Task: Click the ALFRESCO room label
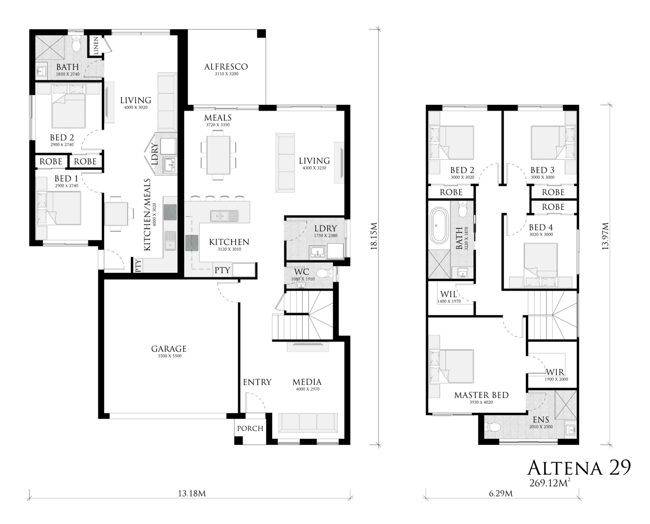tap(226, 66)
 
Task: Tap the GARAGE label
tap(169, 349)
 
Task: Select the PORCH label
tap(250, 428)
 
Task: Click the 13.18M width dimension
tap(192, 494)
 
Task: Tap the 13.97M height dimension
tap(606, 236)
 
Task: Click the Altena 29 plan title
tap(579, 467)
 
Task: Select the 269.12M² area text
tap(550, 483)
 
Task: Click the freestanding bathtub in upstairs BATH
tap(438, 226)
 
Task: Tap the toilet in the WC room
tap(324, 273)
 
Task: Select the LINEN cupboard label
tap(96, 45)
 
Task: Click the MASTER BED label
tap(481, 395)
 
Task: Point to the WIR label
tap(555, 372)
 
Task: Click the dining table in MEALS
tap(218, 155)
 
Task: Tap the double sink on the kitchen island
tap(224, 216)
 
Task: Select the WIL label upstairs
tap(449, 294)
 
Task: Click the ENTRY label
tap(257, 382)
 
